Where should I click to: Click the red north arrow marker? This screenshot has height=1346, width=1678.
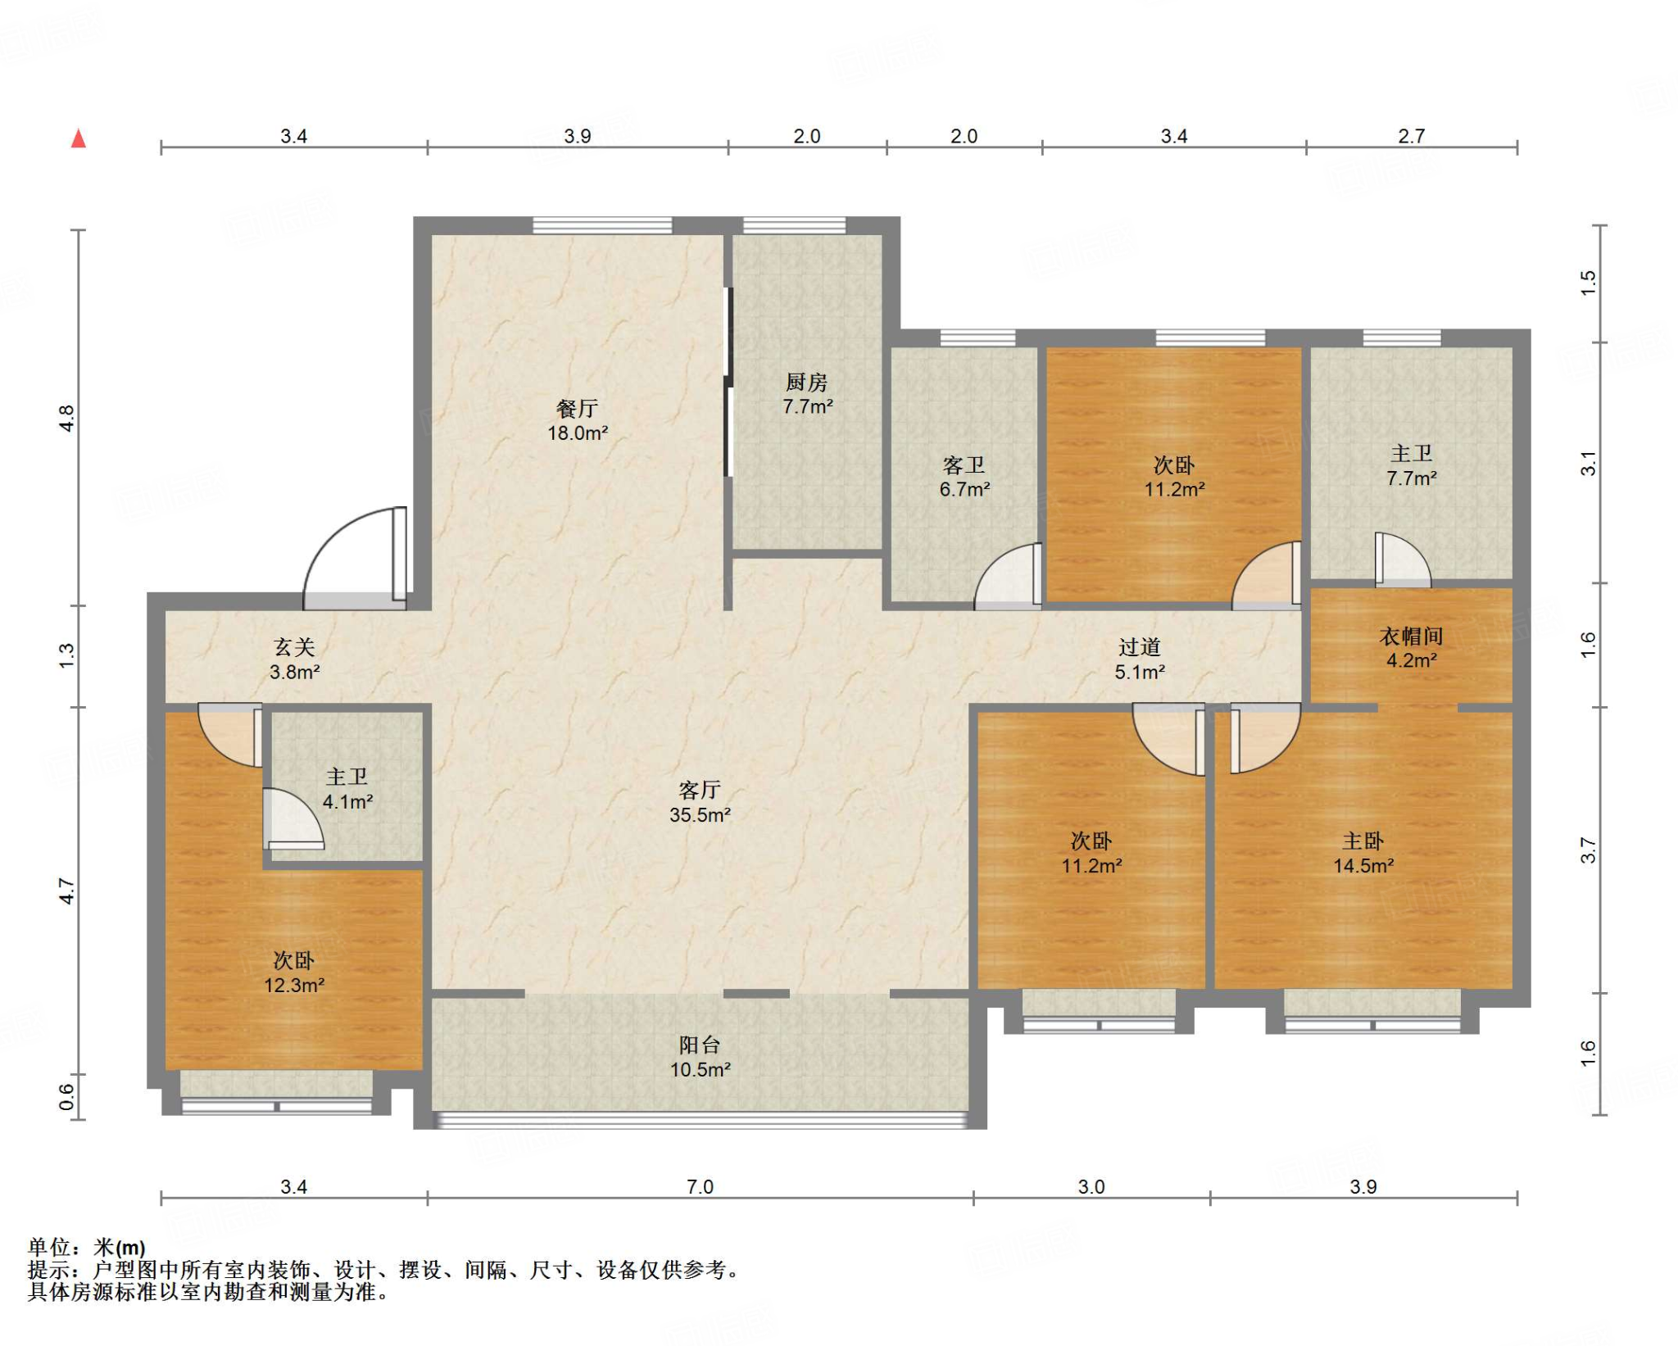[79, 138]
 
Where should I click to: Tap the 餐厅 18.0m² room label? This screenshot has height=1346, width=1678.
[578, 420]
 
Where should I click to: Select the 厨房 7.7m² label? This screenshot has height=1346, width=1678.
[807, 394]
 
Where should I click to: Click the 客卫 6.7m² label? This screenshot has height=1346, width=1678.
[964, 477]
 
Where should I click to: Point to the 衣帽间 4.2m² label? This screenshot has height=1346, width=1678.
[1411, 648]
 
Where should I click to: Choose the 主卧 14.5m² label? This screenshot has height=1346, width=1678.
[1363, 853]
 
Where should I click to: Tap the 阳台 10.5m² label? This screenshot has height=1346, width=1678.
[700, 1057]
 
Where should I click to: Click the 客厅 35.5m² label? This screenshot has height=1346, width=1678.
[700, 802]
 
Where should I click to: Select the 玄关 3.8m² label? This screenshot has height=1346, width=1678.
[294, 659]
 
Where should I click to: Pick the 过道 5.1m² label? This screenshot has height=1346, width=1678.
[1140, 659]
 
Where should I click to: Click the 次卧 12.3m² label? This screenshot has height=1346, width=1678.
[294, 972]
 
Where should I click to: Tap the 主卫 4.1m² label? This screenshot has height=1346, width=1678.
[347, 789]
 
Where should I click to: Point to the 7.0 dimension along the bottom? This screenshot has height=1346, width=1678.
[700, 1186]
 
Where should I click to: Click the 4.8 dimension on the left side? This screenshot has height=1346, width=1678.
[66, 418]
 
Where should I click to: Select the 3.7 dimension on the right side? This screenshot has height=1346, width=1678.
[1588, 850]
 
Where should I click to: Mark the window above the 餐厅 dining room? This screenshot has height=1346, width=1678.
[602, 225]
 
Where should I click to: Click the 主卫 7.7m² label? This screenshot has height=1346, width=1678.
[1411, 465]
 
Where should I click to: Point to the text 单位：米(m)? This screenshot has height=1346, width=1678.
[87, 1248]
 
